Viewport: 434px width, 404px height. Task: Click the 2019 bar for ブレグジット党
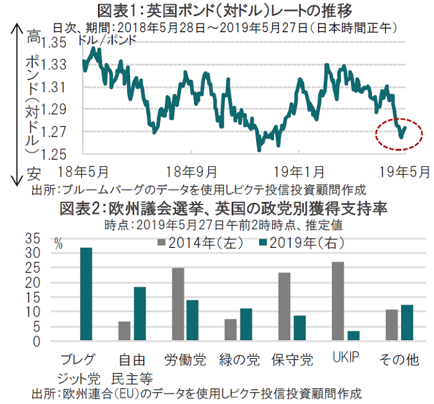(x=86, y=294)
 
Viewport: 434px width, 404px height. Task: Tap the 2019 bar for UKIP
(x=353, y=336)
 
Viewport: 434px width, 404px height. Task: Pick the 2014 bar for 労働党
(x=179, y=304)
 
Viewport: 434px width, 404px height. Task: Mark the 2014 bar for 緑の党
(x=231, y=330)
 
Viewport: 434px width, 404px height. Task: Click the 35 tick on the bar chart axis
(x=32, y=239)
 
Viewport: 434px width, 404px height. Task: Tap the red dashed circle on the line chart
(x=401, y=133)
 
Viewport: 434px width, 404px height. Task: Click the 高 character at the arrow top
(x=33, y=38)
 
